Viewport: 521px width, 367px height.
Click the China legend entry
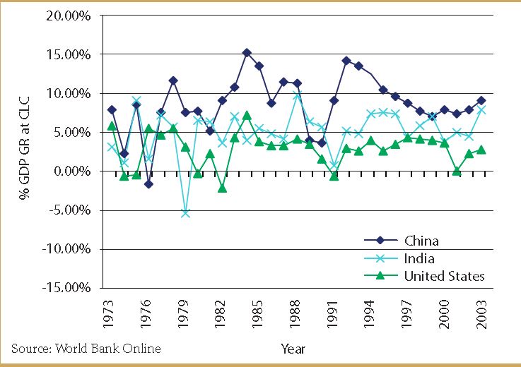pos(421,241)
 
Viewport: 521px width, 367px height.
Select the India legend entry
pos(418,258)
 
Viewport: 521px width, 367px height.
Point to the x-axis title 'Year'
pos(293,348)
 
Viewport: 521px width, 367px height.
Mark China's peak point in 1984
pos(247,52)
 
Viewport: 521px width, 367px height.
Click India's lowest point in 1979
pos(185,212)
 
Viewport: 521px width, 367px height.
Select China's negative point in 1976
pos(148,183)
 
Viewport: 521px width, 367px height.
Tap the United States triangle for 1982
pos(222,188)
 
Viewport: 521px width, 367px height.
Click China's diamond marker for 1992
pos(346,61)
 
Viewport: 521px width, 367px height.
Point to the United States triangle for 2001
pos(457,171)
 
